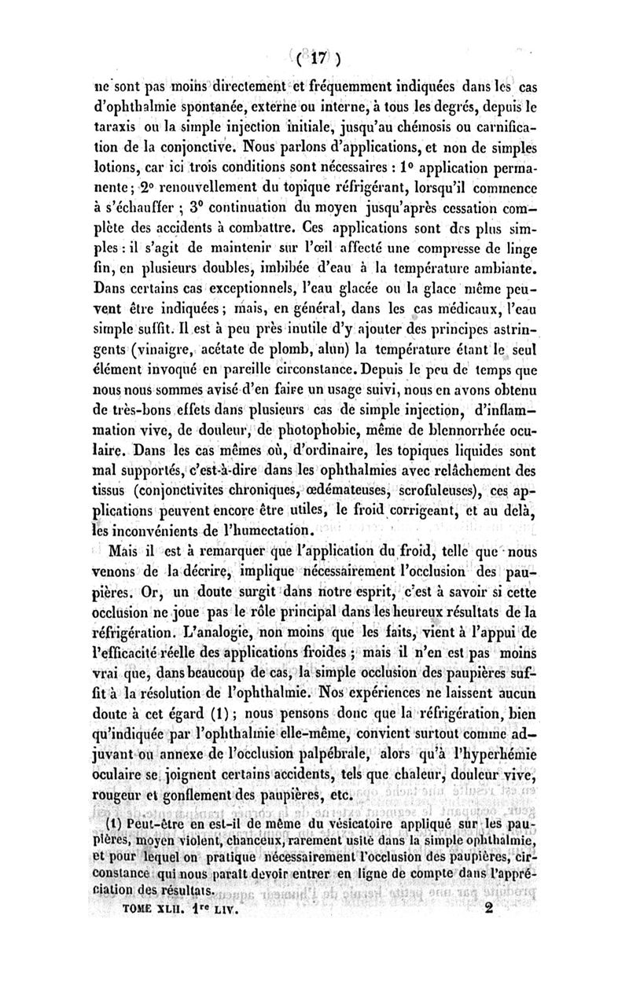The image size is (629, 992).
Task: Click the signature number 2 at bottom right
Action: (x=512, y=909)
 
